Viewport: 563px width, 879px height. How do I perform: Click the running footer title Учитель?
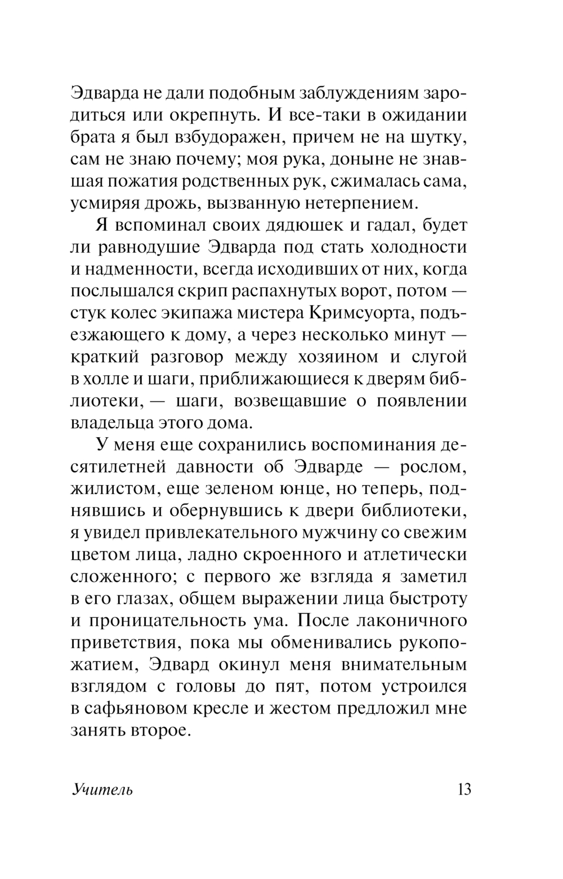tap(102, 790)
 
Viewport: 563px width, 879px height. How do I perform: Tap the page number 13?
tap(464, 789)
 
